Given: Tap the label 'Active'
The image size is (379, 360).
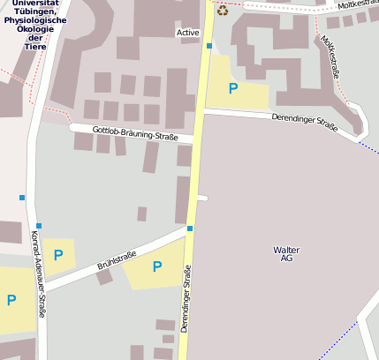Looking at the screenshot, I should tap(187, 33).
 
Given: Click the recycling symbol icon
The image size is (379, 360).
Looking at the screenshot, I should tap(223, 10).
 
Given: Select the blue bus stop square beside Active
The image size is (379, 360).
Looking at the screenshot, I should tap(209, 45).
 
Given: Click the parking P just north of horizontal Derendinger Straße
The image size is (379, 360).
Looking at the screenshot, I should tap(233, 88).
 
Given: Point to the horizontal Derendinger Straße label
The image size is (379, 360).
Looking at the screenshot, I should tap(305, 123).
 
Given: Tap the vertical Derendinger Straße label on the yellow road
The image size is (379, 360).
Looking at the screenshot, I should tap(186, 300).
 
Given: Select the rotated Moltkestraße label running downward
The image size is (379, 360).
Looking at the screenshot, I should tap(330, 56).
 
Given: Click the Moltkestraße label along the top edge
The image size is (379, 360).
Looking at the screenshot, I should tap(357, 5).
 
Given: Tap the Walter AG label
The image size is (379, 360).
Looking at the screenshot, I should tap(286, 254).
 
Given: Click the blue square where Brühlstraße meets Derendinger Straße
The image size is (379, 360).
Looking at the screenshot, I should tap(190, 229).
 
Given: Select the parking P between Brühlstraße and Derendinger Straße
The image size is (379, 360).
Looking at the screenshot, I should tap(156, 266).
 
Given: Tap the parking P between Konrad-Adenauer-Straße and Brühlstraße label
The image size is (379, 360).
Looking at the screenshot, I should tap(58, 255).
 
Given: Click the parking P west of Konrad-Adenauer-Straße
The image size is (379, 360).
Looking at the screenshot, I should tap(11, 300).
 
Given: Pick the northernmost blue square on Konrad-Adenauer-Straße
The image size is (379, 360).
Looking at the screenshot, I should tap(21, 197).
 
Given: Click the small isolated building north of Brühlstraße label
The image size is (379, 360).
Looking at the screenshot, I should tap(141, 214).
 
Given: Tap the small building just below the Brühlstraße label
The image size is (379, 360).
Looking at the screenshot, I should tap(104, 277).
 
